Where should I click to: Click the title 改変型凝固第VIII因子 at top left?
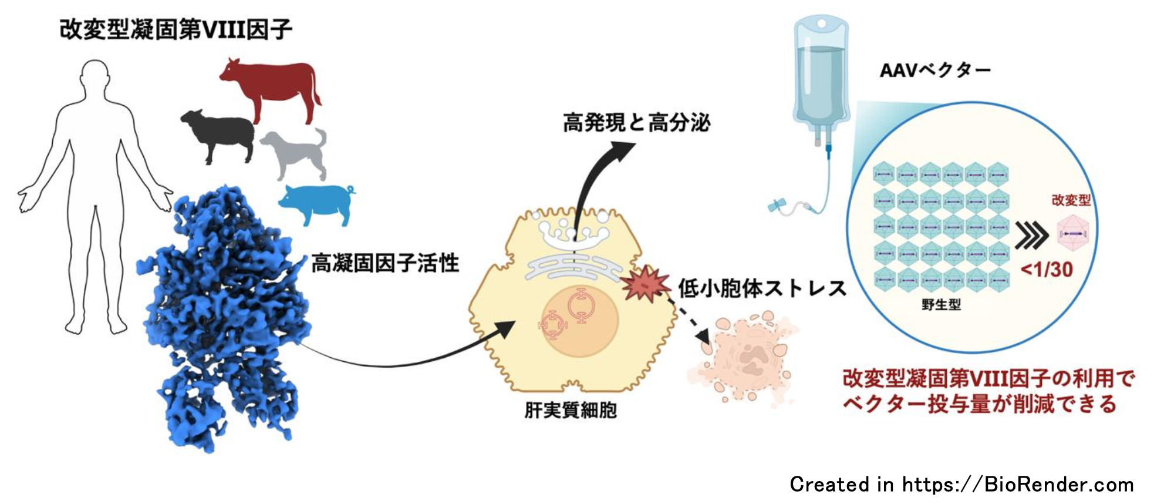(x=176, y=29)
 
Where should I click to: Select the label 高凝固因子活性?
(x=384, y=263)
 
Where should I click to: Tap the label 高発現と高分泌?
(x=636, y=123)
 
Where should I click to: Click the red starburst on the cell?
(x=644, y=284)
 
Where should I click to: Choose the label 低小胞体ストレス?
(x=762, y=288)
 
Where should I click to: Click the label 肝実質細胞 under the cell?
(x=571, y=410)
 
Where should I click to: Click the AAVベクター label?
(x=934, y=70)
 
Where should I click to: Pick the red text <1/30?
(x=1047, y=270)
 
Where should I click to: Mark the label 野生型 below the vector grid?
(x=941, y=304)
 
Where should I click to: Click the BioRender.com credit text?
(x=961, y=485)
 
